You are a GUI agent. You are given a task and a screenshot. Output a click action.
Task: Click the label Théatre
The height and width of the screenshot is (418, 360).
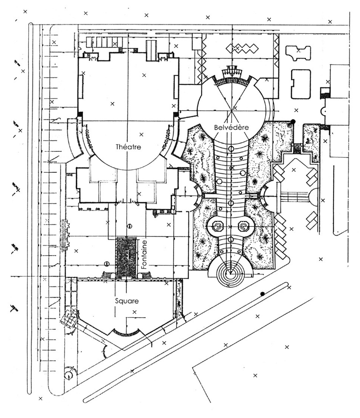coord(128,147)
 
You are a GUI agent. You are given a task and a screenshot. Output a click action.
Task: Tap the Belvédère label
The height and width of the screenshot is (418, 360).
coord(231,127)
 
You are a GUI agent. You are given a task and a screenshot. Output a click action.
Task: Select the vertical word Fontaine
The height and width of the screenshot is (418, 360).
coord(144,254)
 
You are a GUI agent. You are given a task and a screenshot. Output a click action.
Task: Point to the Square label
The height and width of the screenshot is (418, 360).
coord(127,301)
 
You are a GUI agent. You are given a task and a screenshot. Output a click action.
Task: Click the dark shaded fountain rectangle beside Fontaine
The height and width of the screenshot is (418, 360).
coord(126,258)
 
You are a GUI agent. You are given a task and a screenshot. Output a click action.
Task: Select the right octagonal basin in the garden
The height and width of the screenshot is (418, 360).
coord(243,227)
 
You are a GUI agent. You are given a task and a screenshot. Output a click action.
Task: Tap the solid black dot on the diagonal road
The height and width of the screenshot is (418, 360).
coord(262,294)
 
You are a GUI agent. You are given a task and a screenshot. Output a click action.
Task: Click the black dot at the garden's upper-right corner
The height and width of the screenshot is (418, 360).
coord(293,121)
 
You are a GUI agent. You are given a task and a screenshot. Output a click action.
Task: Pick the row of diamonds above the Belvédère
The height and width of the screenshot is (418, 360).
coord(242,48)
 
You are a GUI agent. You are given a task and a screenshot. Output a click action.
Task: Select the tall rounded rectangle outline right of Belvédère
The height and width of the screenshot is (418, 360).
coord(301,84)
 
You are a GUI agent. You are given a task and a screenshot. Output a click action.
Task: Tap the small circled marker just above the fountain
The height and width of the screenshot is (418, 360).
coord(130,226)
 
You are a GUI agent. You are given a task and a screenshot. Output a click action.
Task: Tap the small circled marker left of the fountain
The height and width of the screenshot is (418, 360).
coord(106,264)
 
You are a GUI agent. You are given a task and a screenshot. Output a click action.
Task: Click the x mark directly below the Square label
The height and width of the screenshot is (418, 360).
coord(135,312)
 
